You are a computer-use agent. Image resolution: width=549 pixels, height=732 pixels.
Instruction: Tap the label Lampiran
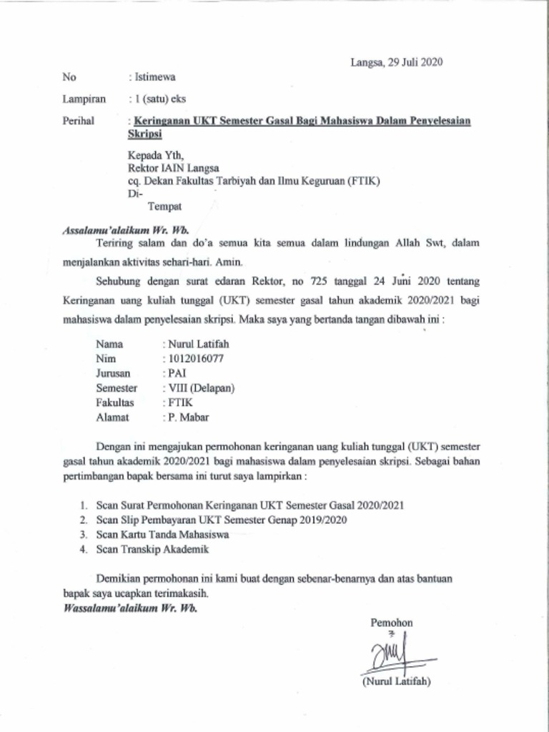coord(84,99)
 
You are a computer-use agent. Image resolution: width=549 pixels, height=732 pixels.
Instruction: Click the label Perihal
coord(79,121)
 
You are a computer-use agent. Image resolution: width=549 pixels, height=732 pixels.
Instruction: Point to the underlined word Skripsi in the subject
coord(145,134)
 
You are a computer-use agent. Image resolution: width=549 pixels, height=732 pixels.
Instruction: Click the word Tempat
coord(164,207)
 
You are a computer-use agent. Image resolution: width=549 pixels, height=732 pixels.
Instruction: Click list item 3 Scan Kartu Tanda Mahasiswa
coord(162,535)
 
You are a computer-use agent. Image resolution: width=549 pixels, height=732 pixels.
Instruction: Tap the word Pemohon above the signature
coord(391,623)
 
